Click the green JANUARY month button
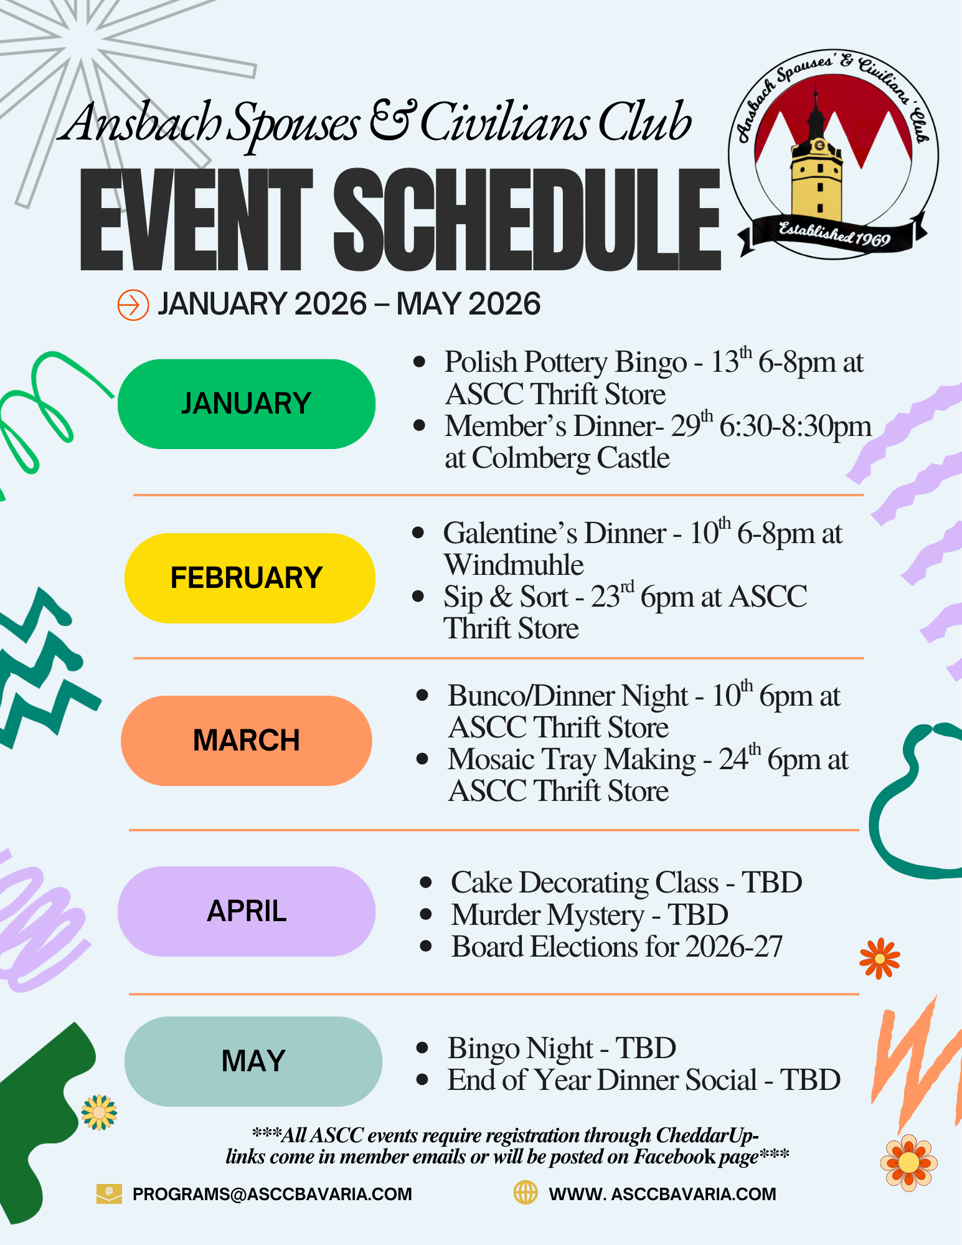coord(247,404)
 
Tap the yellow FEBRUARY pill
coord(250,578)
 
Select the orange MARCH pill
coord(247,741)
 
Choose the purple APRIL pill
coord(247,911)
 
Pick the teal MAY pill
coord(253,1061)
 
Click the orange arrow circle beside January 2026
coord(133,305)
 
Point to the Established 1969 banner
coord(833,235)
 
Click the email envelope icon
coord(109,1194)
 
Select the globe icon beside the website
coord(525,1193)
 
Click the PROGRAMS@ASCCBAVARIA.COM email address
coord(272,1194)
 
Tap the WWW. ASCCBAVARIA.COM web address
coord(663,1194)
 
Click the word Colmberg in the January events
coord(531,459)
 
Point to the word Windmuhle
coord(514,565)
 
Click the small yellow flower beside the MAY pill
coord(100,1113)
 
